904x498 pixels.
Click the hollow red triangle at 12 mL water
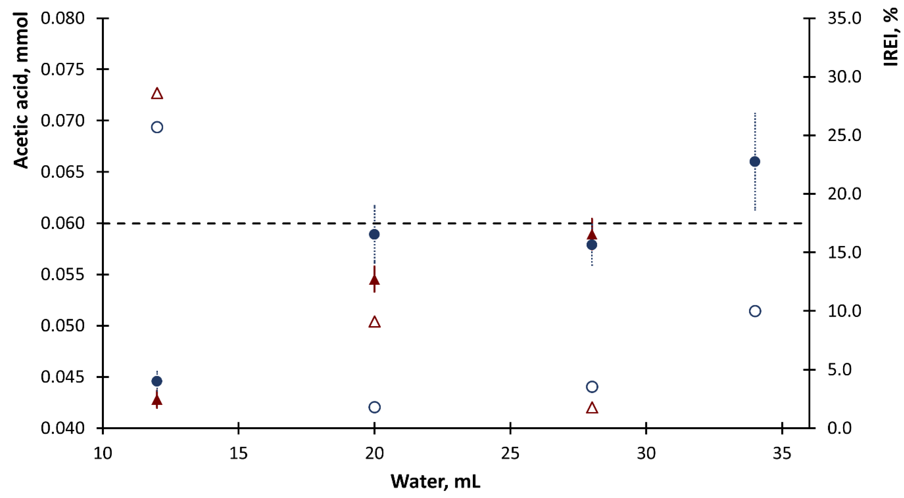click(157, 94)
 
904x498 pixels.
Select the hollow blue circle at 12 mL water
click(157, 127)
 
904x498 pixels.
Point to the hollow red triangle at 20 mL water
click(374, 322)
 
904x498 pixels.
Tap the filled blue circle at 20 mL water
click(374, 234)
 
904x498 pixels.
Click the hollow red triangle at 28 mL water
click(592, 408)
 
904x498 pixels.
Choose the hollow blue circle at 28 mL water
click(592, 387)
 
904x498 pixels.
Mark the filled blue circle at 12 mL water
click(157, 381)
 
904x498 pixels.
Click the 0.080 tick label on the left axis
click(63, 18)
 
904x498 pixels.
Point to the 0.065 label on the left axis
click(63, 172)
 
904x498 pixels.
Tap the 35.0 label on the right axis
click(844, 18)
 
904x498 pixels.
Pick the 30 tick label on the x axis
click(646, 453)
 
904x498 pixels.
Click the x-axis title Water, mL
click(435, 482)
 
